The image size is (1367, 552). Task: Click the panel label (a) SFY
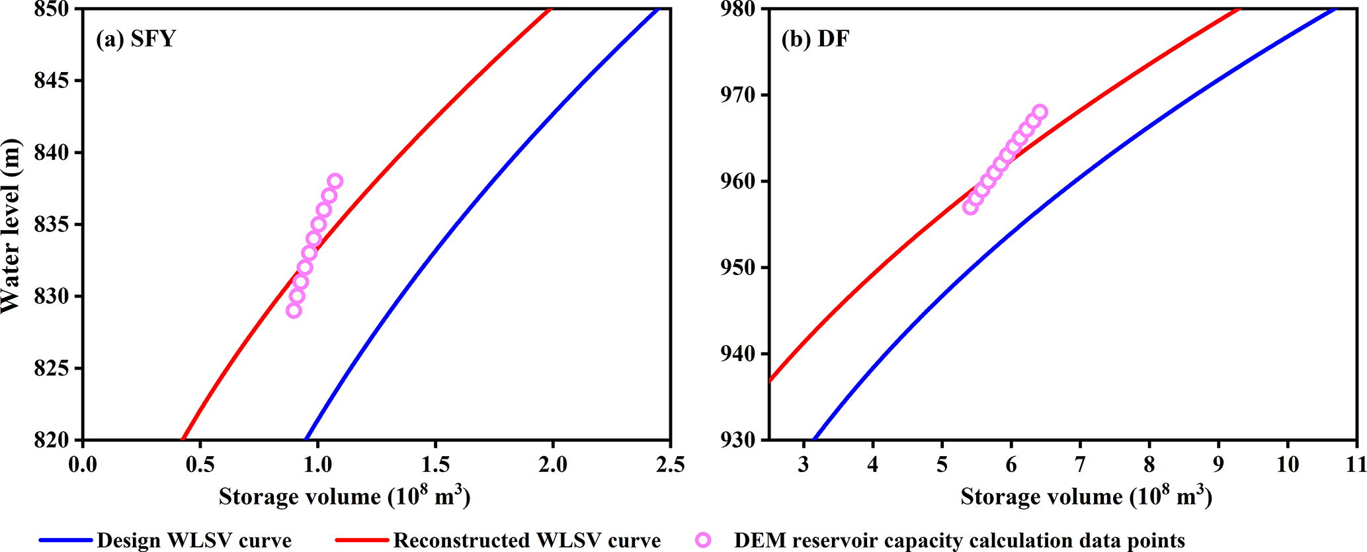click(136, 39)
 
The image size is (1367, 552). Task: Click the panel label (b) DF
click(815, 39)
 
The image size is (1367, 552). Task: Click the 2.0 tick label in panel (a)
click(553, 465)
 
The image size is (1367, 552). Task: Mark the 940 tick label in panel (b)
click(739, 354)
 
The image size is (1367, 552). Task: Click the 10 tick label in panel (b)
click(1288, 465)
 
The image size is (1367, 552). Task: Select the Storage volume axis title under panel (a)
click(345, 496)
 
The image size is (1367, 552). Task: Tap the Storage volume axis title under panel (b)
click(1086, 496)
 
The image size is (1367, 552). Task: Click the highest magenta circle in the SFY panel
click(335, 181)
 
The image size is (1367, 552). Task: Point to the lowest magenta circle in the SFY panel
click(294, 311)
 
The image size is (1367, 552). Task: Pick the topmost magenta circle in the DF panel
click(1040, 112)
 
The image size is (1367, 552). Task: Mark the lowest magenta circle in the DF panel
click(970, 207)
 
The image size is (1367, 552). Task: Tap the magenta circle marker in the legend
click(704, 540)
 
